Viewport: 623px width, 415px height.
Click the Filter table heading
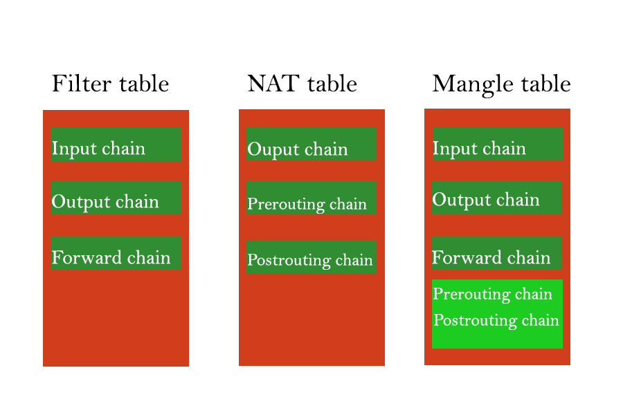[x=111, y=84]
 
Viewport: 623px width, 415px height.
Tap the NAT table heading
[x=303, y=84]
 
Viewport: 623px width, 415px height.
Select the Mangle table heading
[x=501, y=84]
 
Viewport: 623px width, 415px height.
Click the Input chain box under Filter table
[x=116, y=144]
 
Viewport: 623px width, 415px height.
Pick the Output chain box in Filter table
[x=116, y=197]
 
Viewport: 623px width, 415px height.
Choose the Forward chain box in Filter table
[x=116, y=253]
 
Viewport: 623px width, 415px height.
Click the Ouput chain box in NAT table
[x=311, y=143]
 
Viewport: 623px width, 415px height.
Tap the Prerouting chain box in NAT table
[x=311, y=197]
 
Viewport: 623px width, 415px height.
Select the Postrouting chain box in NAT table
[x=311, y=257]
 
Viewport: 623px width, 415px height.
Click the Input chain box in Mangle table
[x=498, y=143]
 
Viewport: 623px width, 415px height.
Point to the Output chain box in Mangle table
[x=497, y=197]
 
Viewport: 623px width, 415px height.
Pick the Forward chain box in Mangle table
[x=497, y=253]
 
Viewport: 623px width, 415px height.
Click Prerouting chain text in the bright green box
[x=493, y=295]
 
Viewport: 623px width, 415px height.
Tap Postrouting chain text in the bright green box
[x=496, y=320]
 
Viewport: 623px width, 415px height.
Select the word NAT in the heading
[x=273, y=84]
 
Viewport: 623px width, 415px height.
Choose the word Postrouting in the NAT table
[x=289, y=261]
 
